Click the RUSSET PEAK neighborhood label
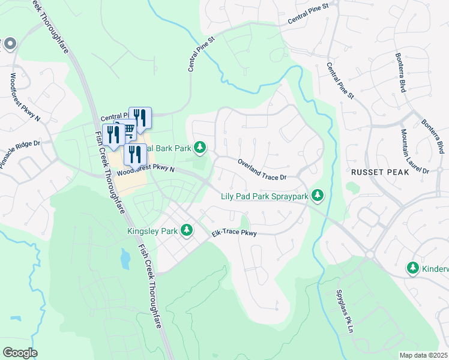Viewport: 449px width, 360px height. point(379,172)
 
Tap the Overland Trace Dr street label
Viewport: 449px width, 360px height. point(262,169)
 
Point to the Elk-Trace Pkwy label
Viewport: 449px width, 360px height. point(234,233)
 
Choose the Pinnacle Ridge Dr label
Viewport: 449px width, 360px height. point(19,155)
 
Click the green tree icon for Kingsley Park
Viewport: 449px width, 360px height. point(187,230)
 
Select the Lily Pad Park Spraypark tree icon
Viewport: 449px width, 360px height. point(318,196)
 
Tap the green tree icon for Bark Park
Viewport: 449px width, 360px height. point(200,147)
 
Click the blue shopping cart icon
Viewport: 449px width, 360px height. point(128,130)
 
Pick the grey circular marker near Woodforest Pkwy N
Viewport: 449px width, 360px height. point(9,44)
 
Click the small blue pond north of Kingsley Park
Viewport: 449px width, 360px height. point(124,259)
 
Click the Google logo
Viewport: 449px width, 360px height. point(20,353)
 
